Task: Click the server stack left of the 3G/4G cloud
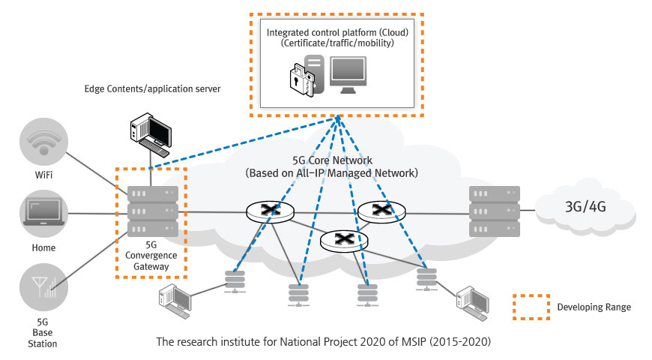coord(492,211)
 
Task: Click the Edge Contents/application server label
coord(152,89)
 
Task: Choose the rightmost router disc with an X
coord(382,212)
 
